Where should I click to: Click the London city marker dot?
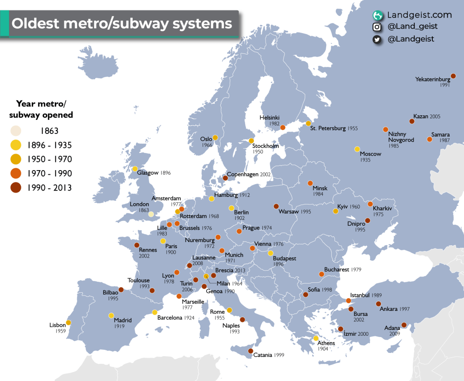tap(151, 214)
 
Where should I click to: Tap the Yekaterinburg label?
tap(433, 79)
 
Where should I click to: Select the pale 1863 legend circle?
tap(16, 131)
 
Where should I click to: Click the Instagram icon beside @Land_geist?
tap(377, 27)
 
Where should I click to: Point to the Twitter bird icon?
tap(377, 39)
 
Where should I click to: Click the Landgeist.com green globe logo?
tap(377, 15)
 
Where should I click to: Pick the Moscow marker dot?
tap(357, 149)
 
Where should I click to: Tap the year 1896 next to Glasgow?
tap(165, 173)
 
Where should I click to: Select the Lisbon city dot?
tap(68, 323)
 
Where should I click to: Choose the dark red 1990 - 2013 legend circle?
tap(16, 187)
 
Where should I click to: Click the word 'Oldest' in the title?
tap(30, 24)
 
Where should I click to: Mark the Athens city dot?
tap(316, 338)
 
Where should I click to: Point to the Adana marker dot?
tap(404, 324)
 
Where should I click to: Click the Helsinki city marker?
tap(283, 128)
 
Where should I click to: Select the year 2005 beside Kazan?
tap(435, 117)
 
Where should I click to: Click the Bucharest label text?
tap(336, 270)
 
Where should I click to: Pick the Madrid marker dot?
tap(111, 315)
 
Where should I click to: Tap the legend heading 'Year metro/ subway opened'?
tap(44, 109)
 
